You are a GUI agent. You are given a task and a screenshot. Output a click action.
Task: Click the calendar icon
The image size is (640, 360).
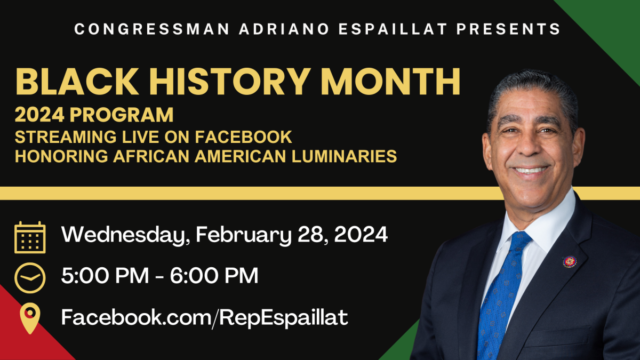pos(30,237)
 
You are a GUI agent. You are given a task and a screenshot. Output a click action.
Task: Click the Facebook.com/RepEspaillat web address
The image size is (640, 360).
pos(204,317)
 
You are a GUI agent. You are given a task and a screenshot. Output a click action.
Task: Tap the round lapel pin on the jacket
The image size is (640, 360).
pos(570,261)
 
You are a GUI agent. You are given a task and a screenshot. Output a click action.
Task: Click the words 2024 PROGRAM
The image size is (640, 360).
pos(94,115)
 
